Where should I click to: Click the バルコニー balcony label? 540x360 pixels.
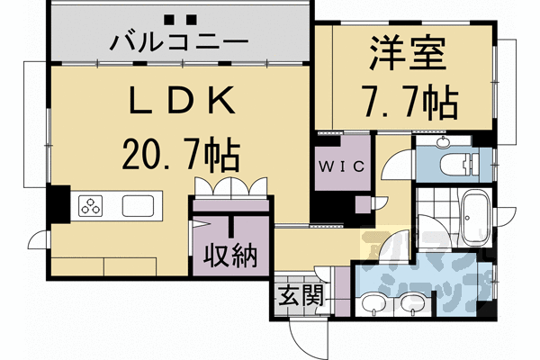tap(179, 41)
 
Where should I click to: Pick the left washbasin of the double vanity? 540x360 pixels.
tap(370, 307)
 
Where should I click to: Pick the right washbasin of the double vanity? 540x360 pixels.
tap(412, 307)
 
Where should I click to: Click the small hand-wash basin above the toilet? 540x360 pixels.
tap(442, 143)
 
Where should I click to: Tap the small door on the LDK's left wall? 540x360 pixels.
tap(39, 240)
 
